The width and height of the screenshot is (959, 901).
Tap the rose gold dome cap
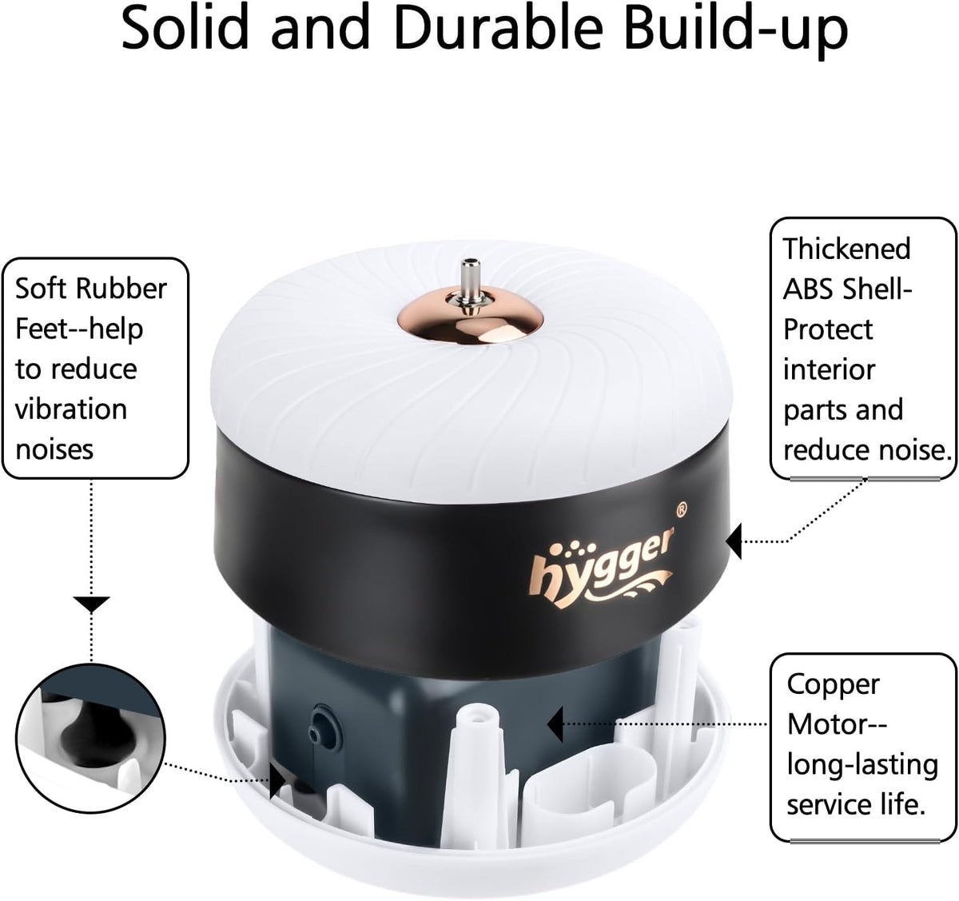pos(471,319)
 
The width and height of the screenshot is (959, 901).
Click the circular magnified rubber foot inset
pos(90,738)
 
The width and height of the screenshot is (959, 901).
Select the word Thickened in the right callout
pos(846,249)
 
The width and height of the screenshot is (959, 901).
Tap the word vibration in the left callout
pos(71,409)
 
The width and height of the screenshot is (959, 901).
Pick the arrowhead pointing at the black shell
pos(734,541)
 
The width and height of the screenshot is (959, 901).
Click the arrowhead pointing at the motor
pos(555,724)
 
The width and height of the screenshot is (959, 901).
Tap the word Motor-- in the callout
pos(837,725)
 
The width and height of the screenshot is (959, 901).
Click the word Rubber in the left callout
pos(121,289)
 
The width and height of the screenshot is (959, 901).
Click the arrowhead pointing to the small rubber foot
pos(277,781)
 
